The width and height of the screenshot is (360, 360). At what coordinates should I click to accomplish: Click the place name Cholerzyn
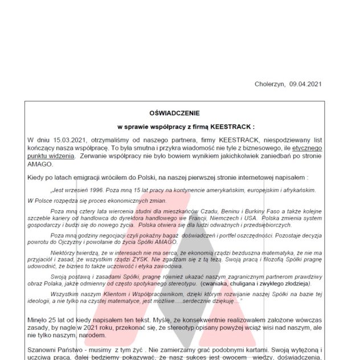pos(270,84)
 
